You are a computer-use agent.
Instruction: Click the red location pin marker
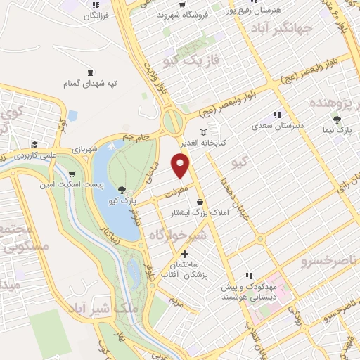[x=181, y=166]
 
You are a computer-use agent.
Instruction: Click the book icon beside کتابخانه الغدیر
[x=204, y=131]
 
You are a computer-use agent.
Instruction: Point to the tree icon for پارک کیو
[x=122, y=189]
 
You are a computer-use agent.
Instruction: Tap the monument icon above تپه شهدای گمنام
[x=89, y=72]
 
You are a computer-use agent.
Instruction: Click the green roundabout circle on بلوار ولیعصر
[x=172, y=120]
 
